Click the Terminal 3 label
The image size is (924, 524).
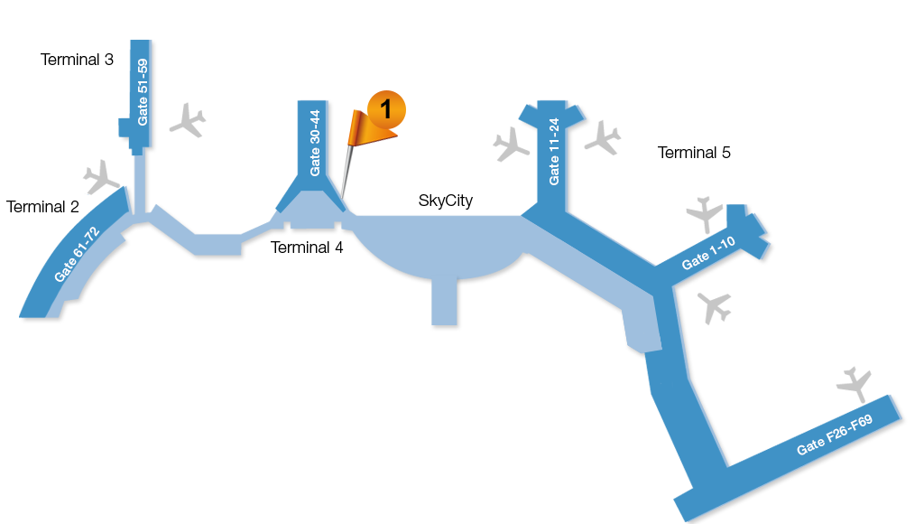77,60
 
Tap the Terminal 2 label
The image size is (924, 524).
42,207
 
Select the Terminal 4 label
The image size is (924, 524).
307,248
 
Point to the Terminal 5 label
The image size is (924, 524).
694,153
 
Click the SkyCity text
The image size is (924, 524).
446,201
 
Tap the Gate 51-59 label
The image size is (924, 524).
143,92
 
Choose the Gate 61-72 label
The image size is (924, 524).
77,255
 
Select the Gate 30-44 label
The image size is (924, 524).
315,143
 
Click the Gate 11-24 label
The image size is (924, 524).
554,152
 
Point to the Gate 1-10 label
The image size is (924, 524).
708,253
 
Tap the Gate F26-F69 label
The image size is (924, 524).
835,435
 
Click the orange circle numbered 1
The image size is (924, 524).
386,109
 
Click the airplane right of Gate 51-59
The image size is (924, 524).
188,120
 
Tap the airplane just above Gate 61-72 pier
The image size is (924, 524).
101,176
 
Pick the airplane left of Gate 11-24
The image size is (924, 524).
511,145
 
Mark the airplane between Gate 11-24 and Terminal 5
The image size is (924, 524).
603,138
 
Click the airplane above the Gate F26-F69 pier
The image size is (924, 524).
854,385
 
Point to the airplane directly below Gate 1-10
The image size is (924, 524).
715,307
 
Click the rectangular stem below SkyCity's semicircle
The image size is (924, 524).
444,301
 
